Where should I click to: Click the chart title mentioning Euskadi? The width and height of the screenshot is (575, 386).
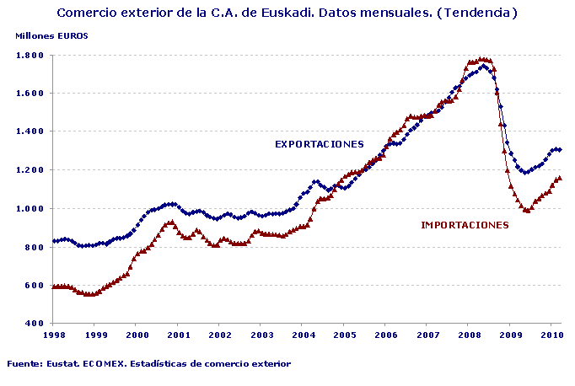coord(287,13)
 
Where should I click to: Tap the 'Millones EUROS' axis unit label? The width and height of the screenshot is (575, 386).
coord(51,35)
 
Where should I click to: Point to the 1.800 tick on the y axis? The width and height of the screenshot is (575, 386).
coord(31,55)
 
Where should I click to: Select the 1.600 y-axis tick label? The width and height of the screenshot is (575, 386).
coord(31,94)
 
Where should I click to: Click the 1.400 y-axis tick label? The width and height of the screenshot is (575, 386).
coord(31,131)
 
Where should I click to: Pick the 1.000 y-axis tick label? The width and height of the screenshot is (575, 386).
coord(31,209)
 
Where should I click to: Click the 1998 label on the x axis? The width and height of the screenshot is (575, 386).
coord(53,335)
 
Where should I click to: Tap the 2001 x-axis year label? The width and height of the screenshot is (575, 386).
coord(178,335)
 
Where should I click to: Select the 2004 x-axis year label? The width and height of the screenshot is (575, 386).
coord(302,335)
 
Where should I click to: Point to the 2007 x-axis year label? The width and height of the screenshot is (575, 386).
coord(427,335)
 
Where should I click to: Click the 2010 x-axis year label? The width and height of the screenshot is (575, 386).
coord(551,335)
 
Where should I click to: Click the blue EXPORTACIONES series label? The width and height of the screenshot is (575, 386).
coord(319,144)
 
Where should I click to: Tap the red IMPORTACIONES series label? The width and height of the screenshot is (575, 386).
coord(465,225)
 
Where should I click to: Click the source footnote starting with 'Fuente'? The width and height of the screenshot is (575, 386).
coord(148,364)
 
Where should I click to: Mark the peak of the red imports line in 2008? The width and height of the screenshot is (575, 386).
coord(481,59)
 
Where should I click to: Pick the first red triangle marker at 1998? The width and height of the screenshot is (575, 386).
coord(53,287)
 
